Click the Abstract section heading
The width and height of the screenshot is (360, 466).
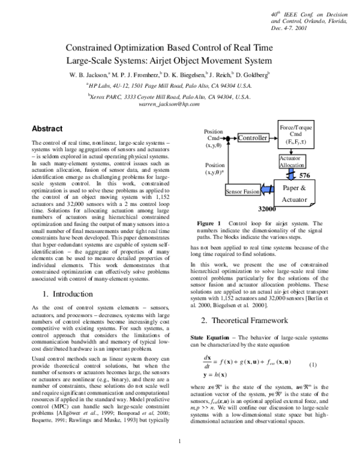pyautogui.click(x=47, y=128)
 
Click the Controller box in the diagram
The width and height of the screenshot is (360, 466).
pyautogui.click(x=252, y=138)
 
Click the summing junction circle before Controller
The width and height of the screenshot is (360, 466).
pyautogui.click(x=229, y=138)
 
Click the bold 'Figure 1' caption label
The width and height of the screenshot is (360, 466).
pyautogui.click(x=209, y=223)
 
